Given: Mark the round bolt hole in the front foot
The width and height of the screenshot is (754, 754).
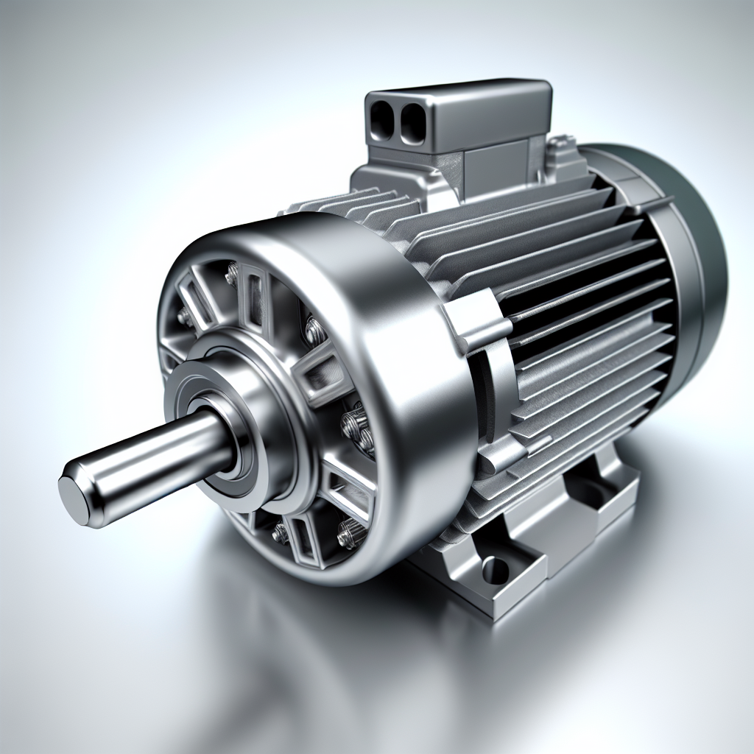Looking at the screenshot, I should pyautogui.click(x=495, y=568).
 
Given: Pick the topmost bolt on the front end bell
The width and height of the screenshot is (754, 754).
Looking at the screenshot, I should pyautogui.click(x=232, y=274).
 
